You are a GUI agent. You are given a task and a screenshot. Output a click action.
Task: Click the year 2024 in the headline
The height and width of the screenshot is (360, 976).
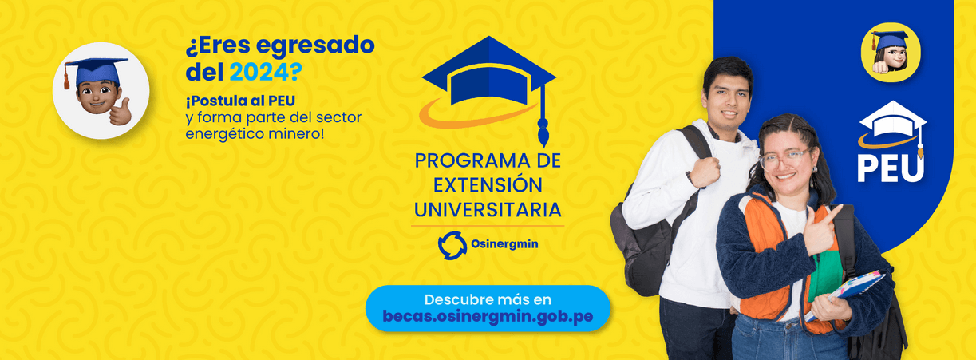tap(259, 73)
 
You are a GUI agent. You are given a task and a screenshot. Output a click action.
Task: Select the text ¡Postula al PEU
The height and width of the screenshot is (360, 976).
tap(240, 101)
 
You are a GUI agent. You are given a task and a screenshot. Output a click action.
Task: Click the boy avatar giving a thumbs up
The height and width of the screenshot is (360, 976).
tap(101, 91)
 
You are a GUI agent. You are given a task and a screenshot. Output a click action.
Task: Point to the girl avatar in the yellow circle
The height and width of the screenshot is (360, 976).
tap(890, 53)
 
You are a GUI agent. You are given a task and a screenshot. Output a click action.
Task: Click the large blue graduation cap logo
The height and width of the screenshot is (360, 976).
tap(489, 87)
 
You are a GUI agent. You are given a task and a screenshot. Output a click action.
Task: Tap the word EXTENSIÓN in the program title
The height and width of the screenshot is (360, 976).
tap(488, 185)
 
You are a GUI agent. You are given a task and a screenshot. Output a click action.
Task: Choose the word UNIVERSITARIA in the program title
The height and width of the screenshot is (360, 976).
tap(488, 210)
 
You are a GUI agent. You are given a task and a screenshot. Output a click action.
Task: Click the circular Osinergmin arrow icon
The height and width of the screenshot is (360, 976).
tap(452, 245)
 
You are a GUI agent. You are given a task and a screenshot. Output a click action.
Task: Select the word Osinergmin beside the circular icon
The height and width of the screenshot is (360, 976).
tap(504, 244)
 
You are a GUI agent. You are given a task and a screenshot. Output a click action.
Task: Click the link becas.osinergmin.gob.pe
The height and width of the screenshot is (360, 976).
tap(488, 316)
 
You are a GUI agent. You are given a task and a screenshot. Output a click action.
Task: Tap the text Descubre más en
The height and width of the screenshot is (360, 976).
tap(488, 300)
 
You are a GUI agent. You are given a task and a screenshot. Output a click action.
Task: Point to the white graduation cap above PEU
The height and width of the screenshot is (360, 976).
tap(893, 126)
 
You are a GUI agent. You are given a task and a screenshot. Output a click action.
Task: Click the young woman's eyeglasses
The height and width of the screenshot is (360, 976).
tap(784, 159)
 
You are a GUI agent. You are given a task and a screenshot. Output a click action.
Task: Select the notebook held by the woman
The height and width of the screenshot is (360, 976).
tap(845, 292)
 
